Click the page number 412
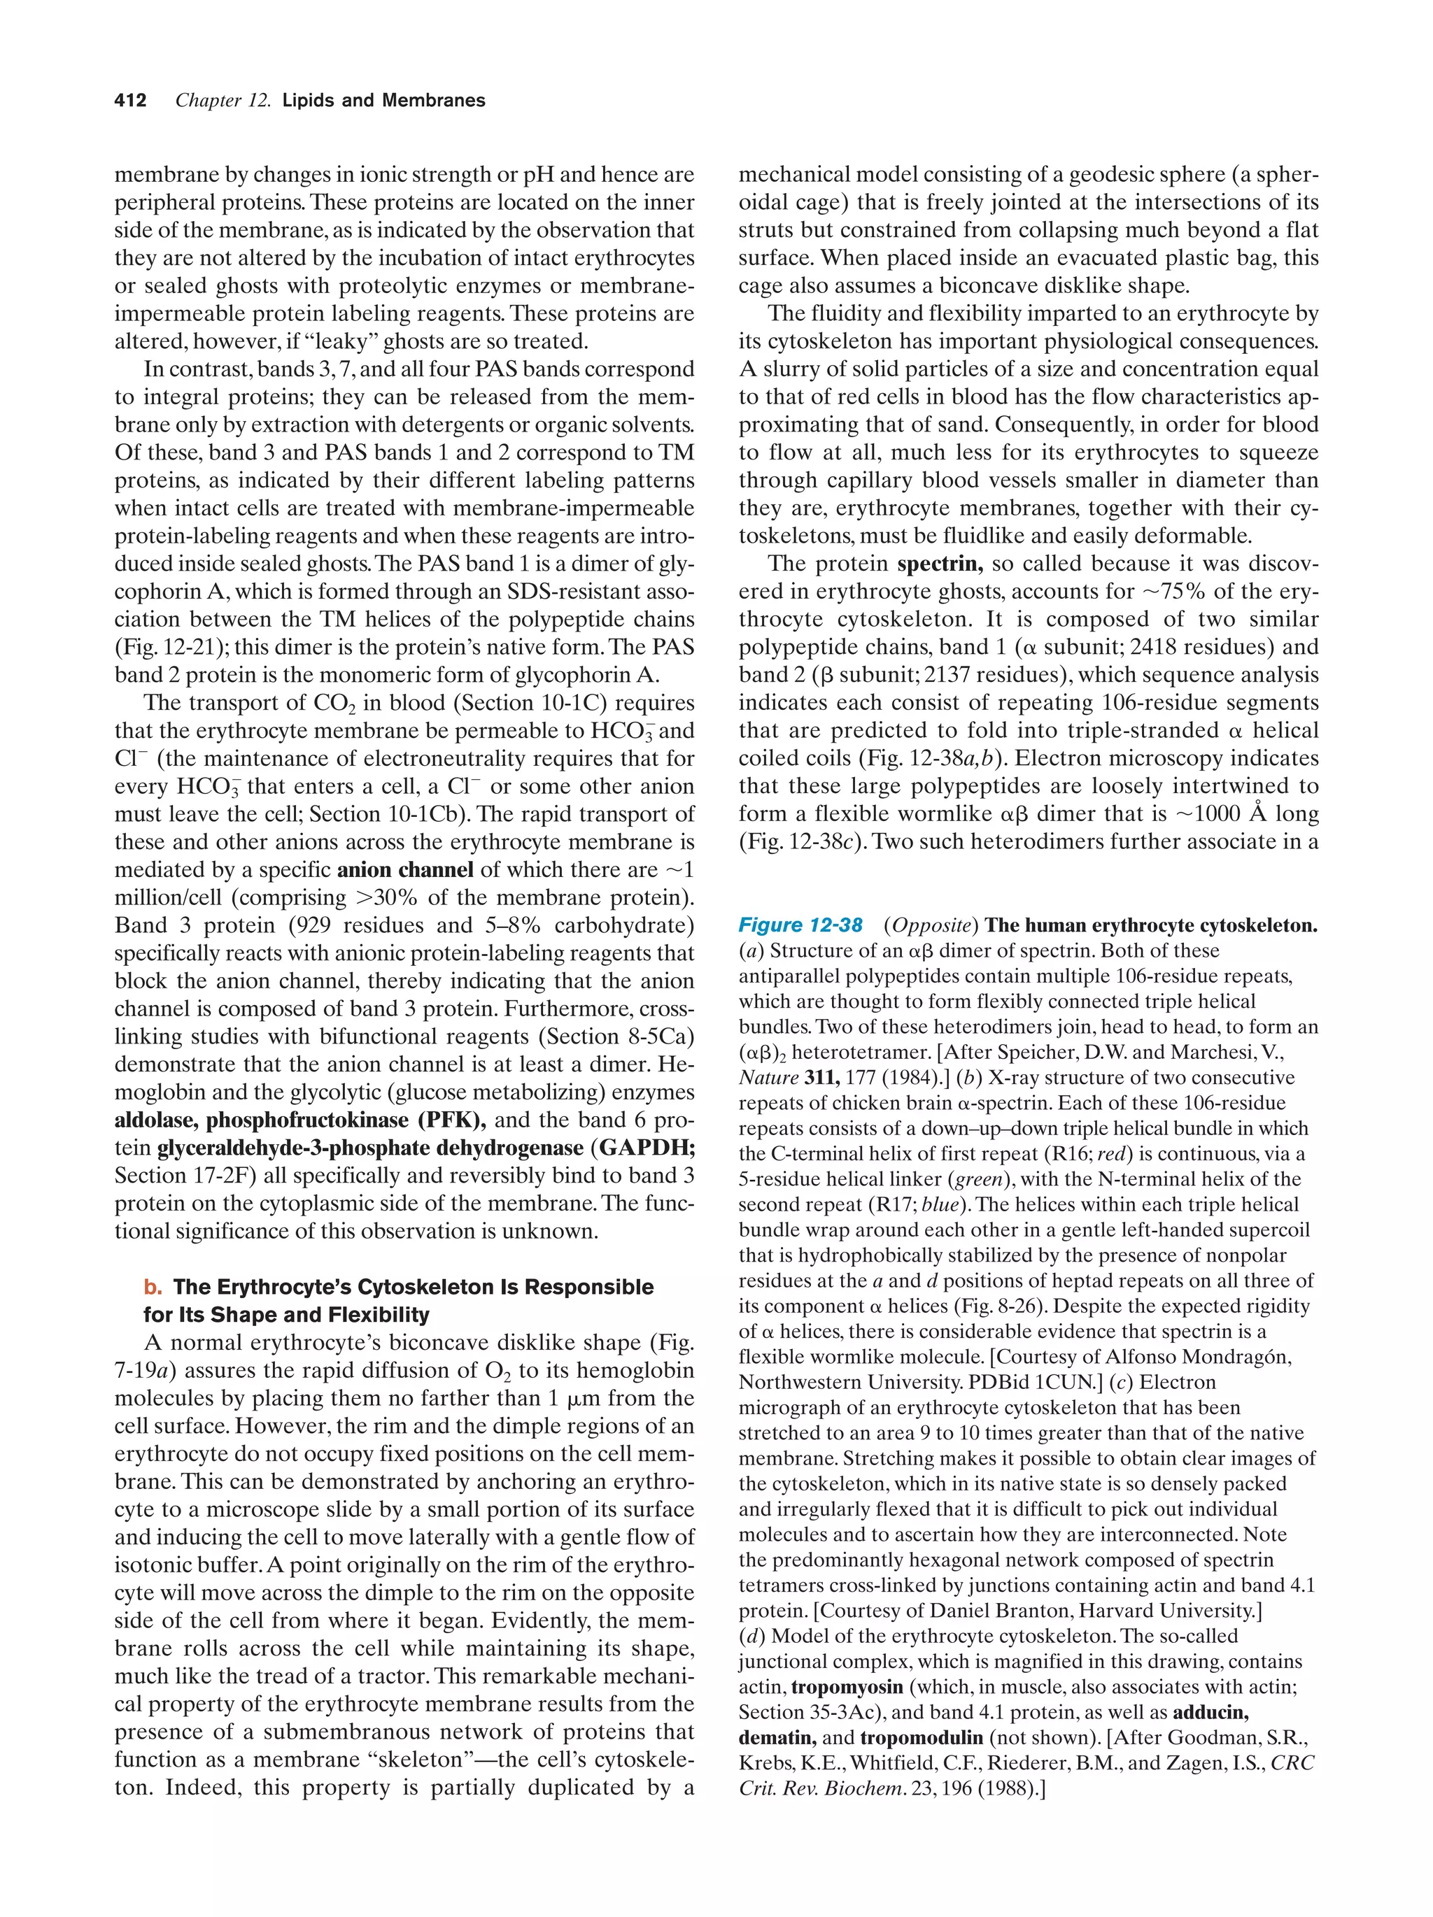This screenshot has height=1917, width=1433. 130,101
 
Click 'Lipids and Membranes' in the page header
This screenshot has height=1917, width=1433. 383,101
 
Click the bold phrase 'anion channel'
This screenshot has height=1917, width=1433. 405,869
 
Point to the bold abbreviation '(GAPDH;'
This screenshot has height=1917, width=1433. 646,1148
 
